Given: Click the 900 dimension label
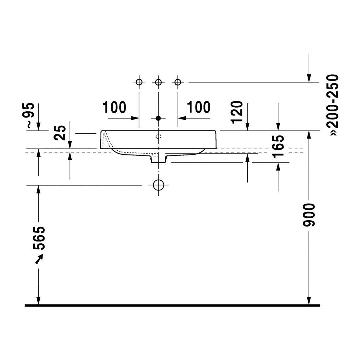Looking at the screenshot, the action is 309,215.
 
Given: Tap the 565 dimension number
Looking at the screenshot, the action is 39,238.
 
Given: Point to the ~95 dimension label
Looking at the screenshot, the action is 30,115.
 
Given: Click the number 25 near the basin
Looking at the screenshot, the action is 60,133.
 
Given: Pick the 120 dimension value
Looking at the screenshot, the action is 237,112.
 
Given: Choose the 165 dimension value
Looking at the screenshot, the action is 278,147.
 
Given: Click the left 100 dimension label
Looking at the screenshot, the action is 114,107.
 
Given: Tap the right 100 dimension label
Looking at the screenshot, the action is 199,107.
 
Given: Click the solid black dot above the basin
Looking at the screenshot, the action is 158,118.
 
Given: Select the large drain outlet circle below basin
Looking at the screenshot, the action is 159,185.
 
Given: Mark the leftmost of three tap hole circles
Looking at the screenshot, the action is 139,82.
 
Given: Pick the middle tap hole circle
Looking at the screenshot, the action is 158,82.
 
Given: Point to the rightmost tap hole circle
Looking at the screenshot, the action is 178,82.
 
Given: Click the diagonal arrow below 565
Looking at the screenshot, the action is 39,259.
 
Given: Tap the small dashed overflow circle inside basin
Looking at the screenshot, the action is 158,136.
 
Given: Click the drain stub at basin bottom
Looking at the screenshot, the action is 158,159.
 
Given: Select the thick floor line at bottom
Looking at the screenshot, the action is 172,306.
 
